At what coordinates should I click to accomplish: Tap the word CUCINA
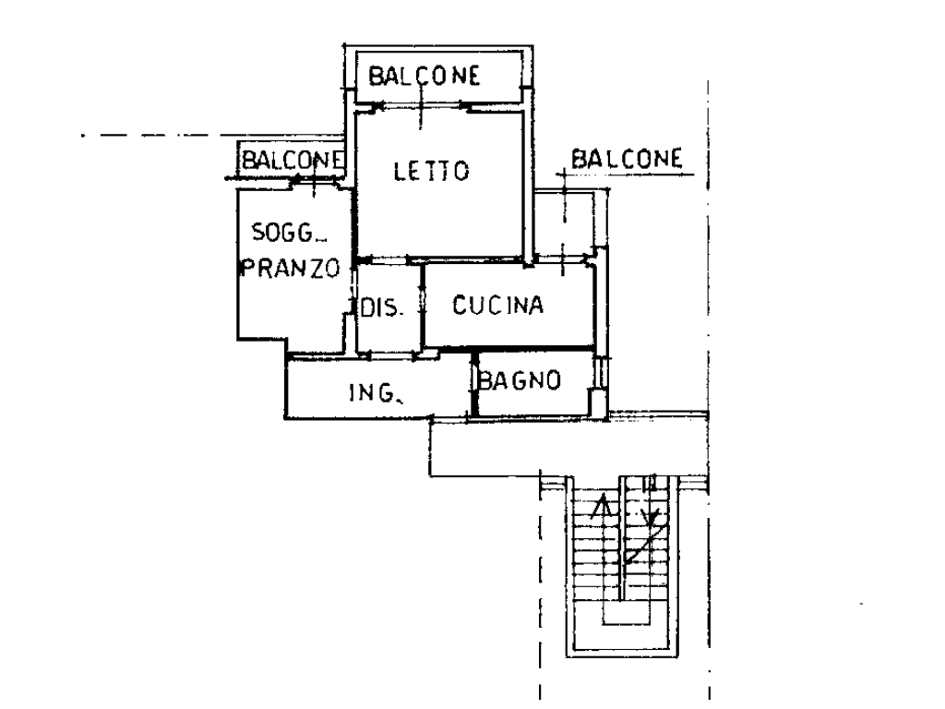click(497, 306)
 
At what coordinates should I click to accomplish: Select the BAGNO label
click(520, 379)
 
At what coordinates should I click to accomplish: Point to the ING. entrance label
click(375, 396)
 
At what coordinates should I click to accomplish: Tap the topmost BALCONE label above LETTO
click(425, 76)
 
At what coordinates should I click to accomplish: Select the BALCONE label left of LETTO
click(292, 161)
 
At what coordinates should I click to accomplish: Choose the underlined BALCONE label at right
click(627, 159)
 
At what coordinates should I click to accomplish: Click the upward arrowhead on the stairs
click(603, 504)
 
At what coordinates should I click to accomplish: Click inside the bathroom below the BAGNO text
click(531, 403)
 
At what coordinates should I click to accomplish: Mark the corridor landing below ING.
click(517, 447)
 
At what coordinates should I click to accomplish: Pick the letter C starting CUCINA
click(459, 306)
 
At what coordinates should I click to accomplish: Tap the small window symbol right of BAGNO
click(600, 374)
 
